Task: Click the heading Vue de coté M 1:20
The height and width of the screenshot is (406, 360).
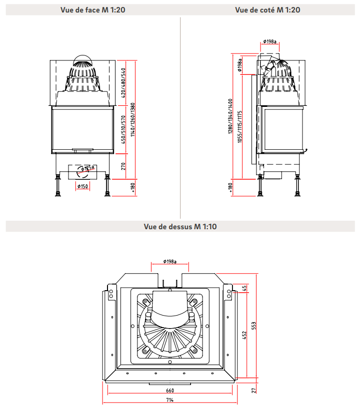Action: click(268, 9)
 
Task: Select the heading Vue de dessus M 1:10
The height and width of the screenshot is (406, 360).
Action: click(180, 226)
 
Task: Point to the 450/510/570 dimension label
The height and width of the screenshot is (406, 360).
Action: click(123, 128)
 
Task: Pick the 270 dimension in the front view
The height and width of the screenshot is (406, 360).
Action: click(123, 165)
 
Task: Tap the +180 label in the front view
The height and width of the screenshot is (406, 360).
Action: click(132, 187)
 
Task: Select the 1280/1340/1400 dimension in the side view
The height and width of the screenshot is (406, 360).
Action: click(231, 116)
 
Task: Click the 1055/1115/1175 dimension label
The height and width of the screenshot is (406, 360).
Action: click(240, 127)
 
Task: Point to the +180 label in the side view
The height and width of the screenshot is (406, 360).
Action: click(230, 187)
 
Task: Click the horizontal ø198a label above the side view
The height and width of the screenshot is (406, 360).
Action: click(270, 42)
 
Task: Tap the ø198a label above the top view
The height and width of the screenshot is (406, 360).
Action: click(169, 262)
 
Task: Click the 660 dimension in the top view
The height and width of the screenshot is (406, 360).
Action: click(170, 391)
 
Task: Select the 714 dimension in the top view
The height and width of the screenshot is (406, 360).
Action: click(170, 401)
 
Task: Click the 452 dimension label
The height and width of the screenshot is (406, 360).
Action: click(245, 335)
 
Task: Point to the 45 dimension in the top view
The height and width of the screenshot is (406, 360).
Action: click(245, 288)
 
